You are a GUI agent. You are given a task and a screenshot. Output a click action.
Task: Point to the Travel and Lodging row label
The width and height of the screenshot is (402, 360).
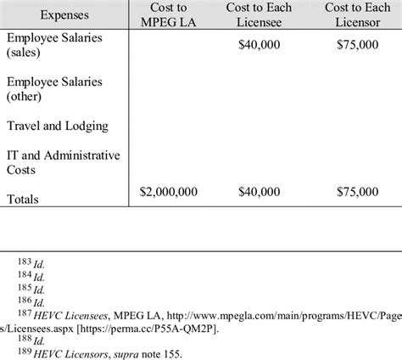(x=57, y=126)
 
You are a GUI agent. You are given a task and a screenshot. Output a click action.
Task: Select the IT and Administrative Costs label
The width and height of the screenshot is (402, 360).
(x=63, y=162)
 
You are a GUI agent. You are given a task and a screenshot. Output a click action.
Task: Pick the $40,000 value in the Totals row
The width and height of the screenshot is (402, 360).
(x=260, y=194)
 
